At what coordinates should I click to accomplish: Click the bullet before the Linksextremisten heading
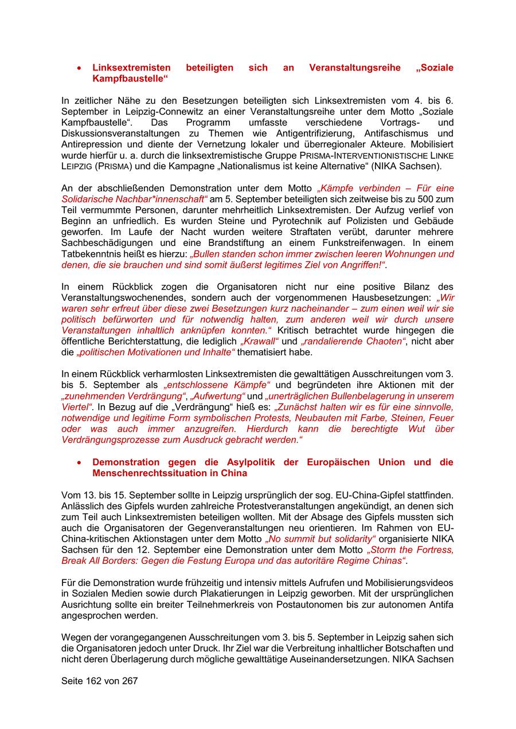[79, 68]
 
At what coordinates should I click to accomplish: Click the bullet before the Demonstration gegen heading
[79, 463]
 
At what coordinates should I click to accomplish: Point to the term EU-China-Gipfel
[374, 495]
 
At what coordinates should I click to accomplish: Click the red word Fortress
[433, 550]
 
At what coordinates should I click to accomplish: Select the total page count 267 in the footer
[130, 681]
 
